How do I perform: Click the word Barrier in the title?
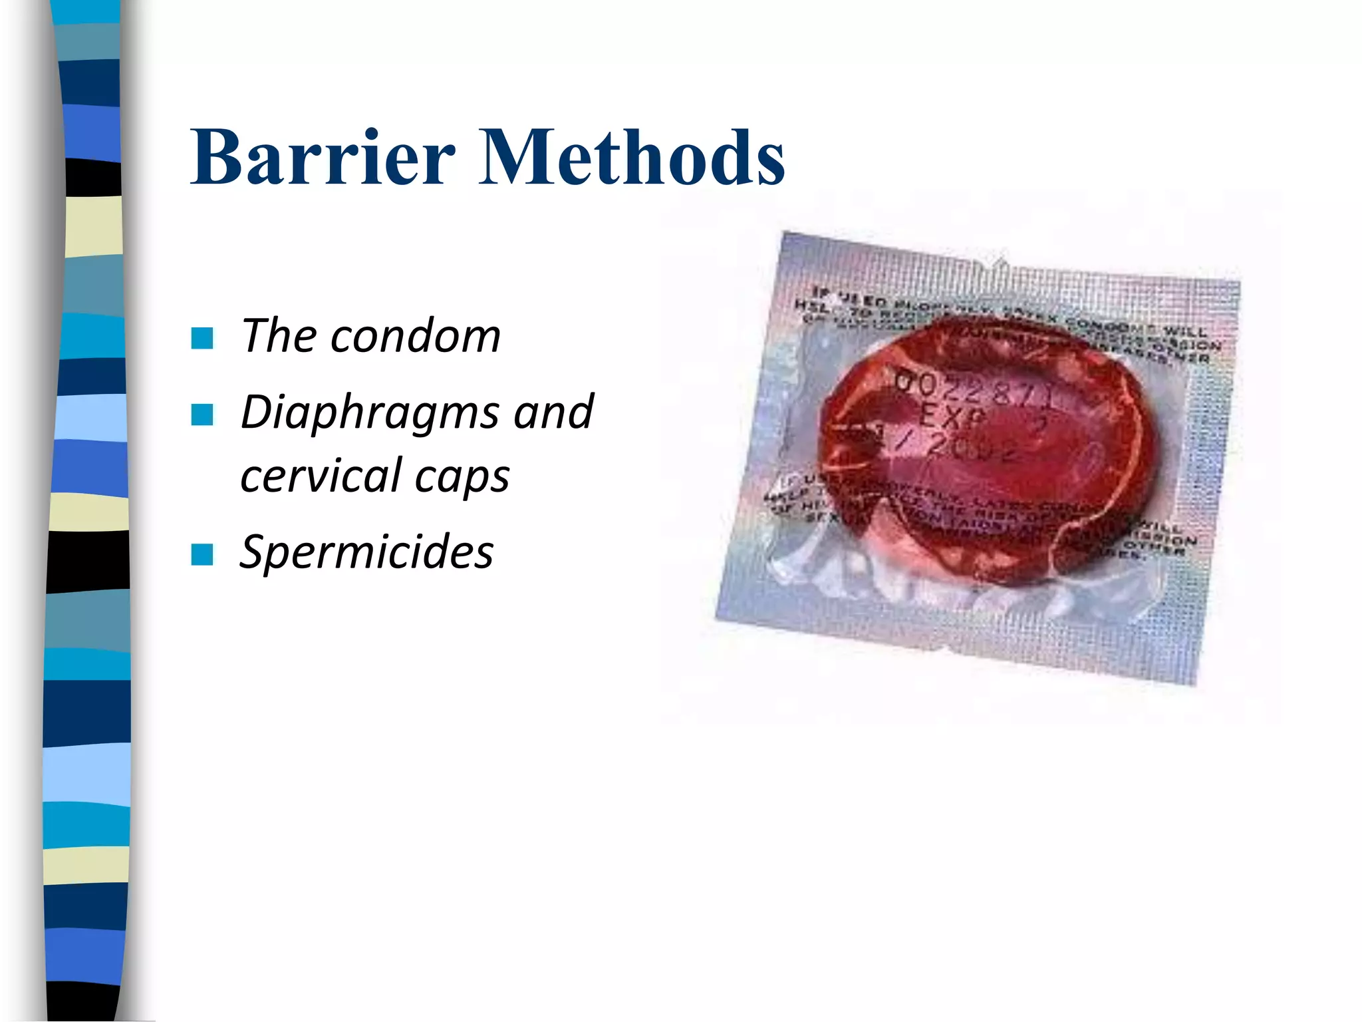323,157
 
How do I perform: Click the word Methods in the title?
632,157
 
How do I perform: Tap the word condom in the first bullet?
415,335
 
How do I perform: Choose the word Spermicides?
366,552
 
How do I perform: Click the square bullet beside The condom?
202,338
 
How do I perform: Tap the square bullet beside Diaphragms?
202,415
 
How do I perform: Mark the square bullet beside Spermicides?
202,554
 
